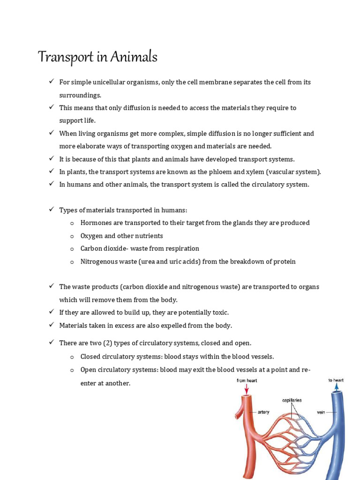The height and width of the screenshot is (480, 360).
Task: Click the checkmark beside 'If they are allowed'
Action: (x=52, y=312)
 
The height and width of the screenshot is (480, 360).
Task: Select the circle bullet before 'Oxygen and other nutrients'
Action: (x=72, y=236)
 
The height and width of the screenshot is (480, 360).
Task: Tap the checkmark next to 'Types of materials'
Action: (x=52, y=210)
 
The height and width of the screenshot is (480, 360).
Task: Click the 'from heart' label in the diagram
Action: (x=247, y=381)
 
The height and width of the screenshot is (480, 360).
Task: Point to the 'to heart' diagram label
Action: (x=336, y=380)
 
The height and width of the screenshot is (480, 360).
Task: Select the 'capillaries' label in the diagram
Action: (x=292, y=400)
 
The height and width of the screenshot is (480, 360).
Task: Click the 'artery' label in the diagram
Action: (x=263, y=412)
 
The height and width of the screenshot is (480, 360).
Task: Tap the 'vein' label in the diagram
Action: (x=321, y=412)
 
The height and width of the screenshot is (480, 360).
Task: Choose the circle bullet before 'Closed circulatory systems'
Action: (x=72, y=357)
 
